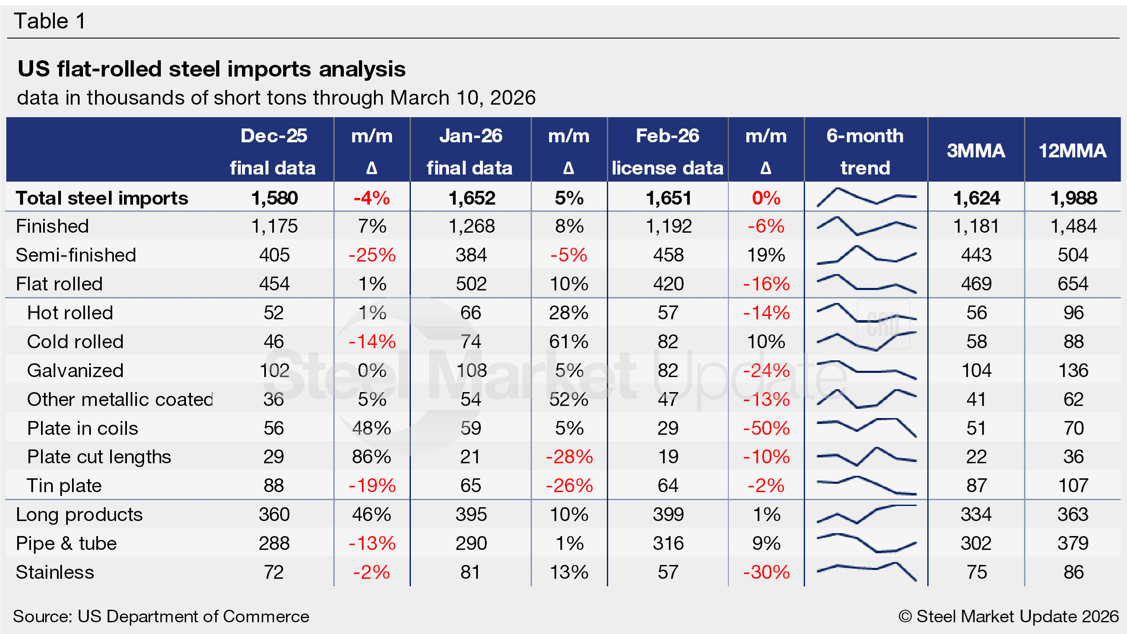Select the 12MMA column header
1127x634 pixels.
tap(1072, 151)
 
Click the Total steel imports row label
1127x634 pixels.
tap(102, 198)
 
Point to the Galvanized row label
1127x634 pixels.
tap(75, 370)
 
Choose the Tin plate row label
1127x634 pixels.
tap(64, 486)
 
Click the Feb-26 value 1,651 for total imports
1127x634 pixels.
tap(668, 198)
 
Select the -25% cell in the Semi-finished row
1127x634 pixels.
tap(372, 255)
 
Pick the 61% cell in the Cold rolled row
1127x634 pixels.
tap(568, 341)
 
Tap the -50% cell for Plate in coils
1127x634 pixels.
tap(766, 428)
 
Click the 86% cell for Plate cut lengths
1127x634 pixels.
tap(371, 457)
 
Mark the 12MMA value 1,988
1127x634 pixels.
tap(1074, 198)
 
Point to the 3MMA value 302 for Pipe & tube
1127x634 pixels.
tap(976, 544)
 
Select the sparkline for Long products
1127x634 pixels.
tap(866, 514)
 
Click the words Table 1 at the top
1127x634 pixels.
tap(50, 21)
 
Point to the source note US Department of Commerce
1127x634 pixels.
tap(161, 616)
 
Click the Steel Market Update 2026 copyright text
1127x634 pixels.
tap(1008, 616)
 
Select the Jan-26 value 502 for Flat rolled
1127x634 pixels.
tap(471, 284)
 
